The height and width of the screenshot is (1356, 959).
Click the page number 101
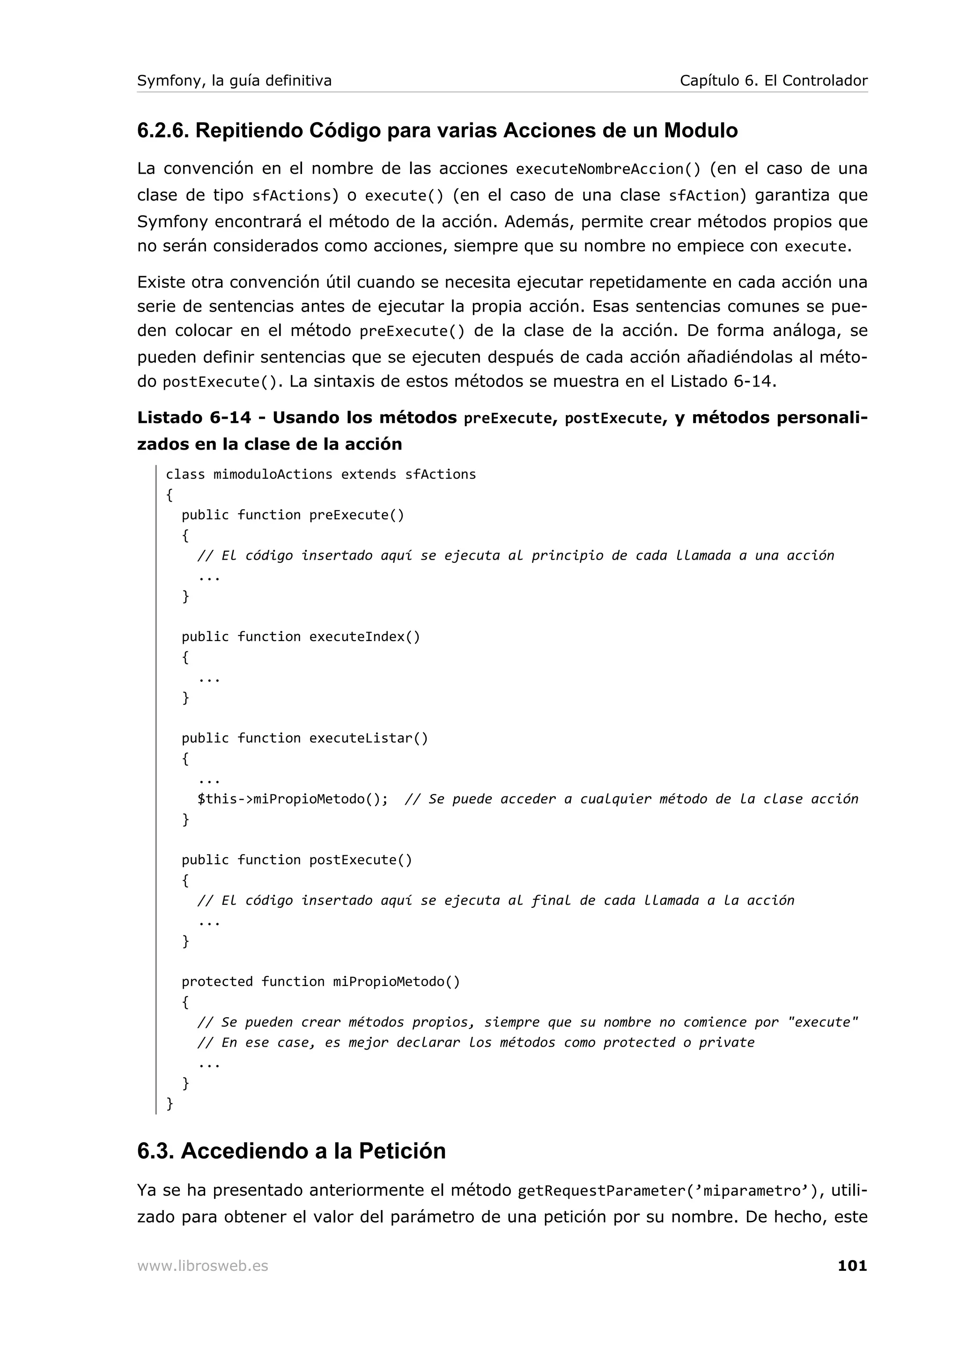pos(851,1265)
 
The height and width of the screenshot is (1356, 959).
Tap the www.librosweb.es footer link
pos(202,1266)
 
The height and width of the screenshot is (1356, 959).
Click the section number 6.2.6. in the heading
pos(163,131)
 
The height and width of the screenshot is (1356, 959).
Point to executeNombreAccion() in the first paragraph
pos(607,169)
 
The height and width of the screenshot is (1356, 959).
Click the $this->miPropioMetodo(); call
pos(293,799)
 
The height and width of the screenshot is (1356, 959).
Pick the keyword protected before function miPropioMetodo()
pos(217,982)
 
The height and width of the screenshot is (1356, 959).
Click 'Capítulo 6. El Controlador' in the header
pos(773,81)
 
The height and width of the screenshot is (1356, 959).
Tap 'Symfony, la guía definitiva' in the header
pos(234,81)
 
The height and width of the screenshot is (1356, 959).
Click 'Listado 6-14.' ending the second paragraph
pos(723,381)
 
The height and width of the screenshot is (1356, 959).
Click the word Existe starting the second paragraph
pos(160,282)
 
